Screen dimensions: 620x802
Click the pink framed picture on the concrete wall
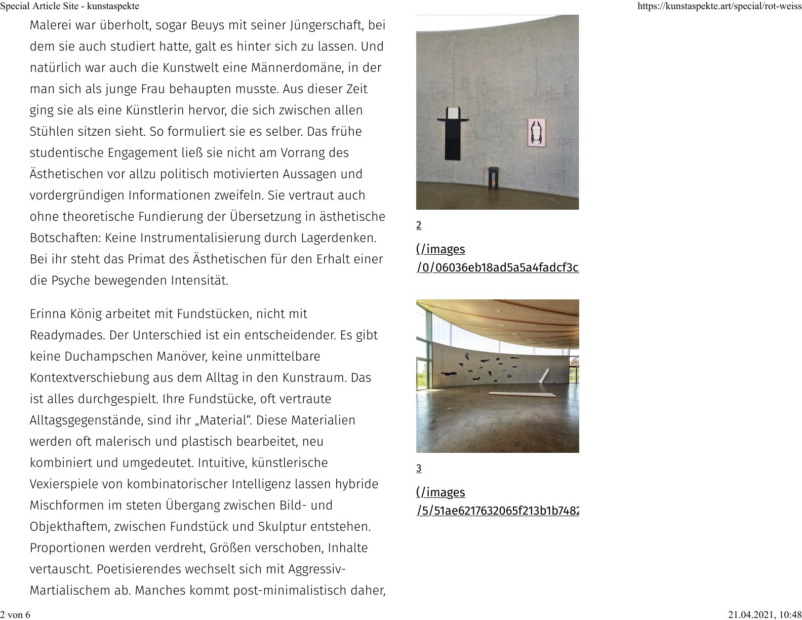click(x=536, y=132)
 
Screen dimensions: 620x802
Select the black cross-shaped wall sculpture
click(x=452, y=132)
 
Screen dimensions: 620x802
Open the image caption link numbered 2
click(x=419, y=225)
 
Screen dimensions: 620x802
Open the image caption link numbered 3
click(x=419, y=469)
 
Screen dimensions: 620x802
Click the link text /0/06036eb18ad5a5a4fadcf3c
click(x=498, y=268)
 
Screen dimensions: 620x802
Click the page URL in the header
click(x=719, y=7)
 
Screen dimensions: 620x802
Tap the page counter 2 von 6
click(x=15, y=614)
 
